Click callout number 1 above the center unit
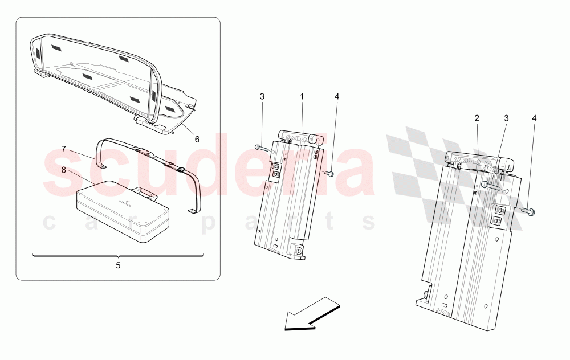[x=302, y=97]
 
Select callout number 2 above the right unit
[x=477, y=118]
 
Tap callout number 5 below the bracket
[x=119, y=265]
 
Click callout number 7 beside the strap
[x=64, y=149]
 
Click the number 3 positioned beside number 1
[x=262, y=97]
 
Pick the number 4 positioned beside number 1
[x=337, y=97]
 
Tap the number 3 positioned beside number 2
[x=506, y=118]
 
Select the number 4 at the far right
[x=534, y=118]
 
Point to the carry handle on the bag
[x=147, y=194]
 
